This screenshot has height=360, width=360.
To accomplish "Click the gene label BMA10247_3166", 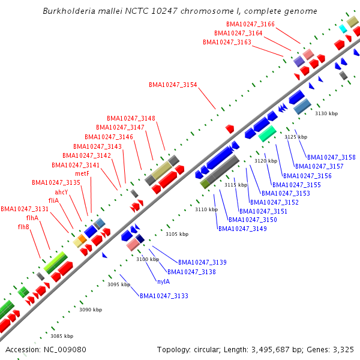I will (x=251, y=24).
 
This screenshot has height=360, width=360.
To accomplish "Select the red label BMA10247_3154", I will (x=173, y=85).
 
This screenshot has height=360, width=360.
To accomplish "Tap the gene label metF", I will (x=82, y=174).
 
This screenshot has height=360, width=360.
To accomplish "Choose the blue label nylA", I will (x=163, y=281).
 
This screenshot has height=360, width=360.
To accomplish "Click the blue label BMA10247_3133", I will (x=164, y=296).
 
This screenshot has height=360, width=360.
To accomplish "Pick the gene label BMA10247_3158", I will (x=331, y=157).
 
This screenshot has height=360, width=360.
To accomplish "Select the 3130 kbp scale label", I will (x=326, y=113).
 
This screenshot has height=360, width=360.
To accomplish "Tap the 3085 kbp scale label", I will (x=61, y=336).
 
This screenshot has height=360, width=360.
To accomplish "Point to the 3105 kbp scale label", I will (x=177, y=234).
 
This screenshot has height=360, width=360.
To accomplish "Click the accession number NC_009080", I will (x=67, y=349).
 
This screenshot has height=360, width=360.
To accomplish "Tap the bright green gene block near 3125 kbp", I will (x=268, y=133).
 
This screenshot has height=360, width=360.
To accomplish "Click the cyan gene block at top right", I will (x=343, y=28).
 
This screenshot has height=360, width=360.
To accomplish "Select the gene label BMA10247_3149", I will (x=242, y=229).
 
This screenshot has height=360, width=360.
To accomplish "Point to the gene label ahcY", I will (x=61, y=192).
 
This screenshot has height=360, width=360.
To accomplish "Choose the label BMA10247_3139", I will (x=202, y=262).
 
